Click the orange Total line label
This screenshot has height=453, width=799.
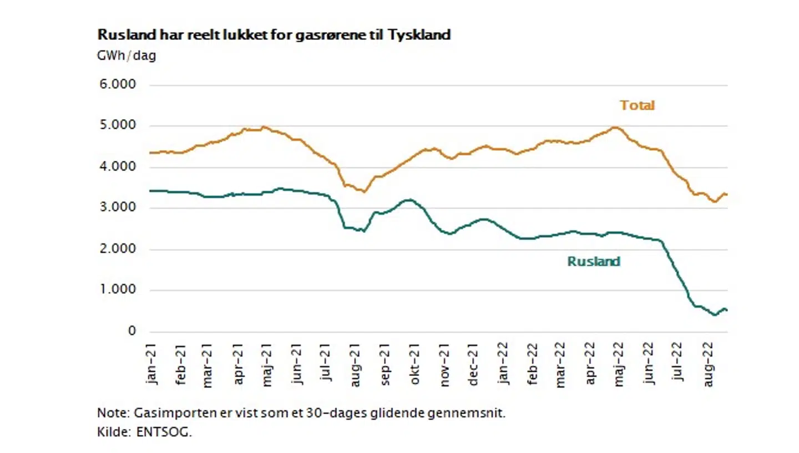click(638, 105)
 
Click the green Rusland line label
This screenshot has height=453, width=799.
click(593, 261)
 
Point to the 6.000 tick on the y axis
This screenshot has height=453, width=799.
click(118, 85)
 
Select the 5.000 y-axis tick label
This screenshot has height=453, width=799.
click(118, 126)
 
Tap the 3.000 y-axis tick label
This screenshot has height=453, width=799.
click(118, 208)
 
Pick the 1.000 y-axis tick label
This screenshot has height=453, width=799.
click(118, 290)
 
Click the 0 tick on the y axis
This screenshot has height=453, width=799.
click(132, 331)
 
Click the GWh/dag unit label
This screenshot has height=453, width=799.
click(127, 57)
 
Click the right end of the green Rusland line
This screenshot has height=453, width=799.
click(727, 311)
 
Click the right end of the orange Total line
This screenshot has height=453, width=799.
click(727, 195)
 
